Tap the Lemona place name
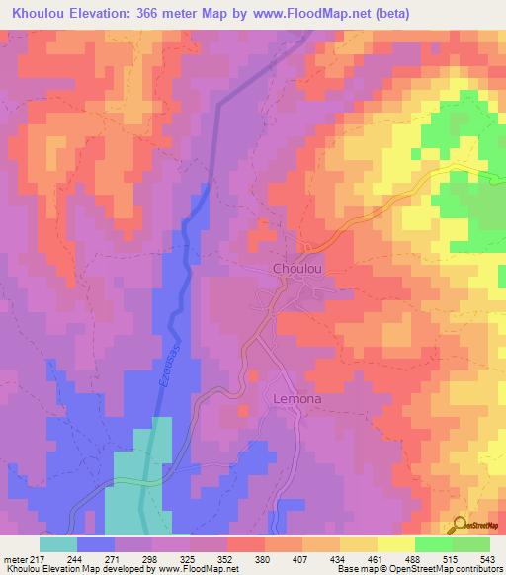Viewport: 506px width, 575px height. tap(296, 398)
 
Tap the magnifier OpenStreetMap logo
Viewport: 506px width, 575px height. tap(459, 525)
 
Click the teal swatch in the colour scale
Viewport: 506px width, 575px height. tap(58, 544)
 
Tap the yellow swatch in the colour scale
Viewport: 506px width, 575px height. tap(396, 544)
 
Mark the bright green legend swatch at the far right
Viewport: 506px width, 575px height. tap(471, 544)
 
